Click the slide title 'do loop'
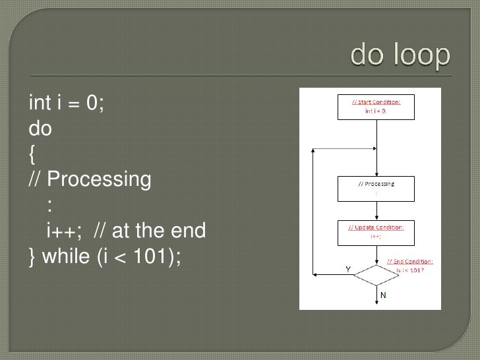point(401,57)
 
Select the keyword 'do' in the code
point(40,129)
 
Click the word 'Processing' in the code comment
point(99,179)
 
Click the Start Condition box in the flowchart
point(376,106)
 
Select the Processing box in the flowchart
point(376,188)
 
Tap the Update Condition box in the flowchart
point(376,231)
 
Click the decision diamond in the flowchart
point(376,274)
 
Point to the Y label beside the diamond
point(347,268)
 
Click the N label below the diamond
point(383,294)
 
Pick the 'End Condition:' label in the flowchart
point(409,262)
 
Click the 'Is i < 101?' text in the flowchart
point(409,269)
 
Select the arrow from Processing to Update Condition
point(376,210)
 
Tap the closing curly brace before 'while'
point(33,256)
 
